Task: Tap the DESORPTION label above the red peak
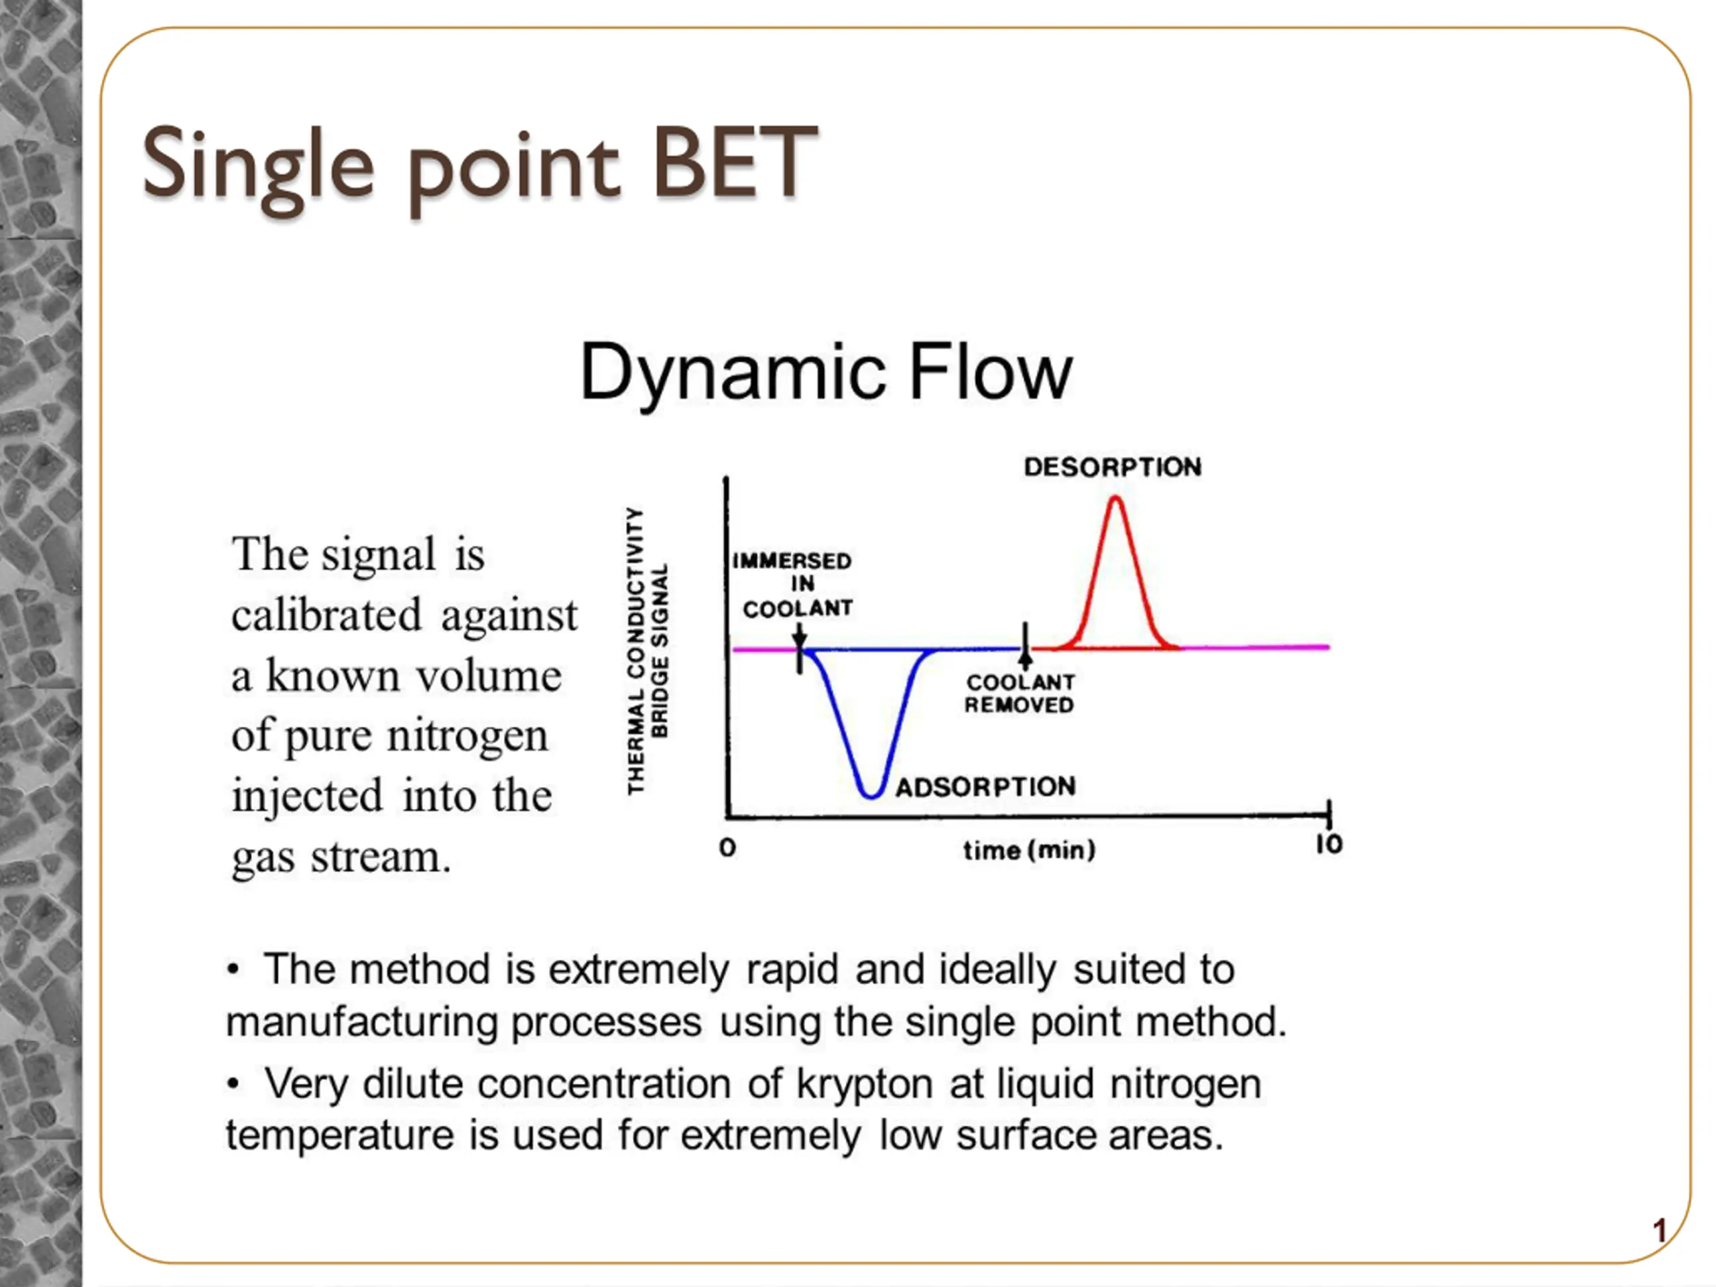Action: (x=1113, y=467)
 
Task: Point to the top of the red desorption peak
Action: (x=1115, y=498)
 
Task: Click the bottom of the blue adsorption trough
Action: (x=871, y=795)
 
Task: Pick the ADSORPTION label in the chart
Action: (x=986, y=787)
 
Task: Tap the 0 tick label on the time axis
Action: (x=727, y=847)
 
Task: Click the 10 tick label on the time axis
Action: (x=1329, y=844)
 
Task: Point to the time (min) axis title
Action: (x=1030, y=850)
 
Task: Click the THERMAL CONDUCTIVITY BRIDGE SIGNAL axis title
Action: (x=647, y=651)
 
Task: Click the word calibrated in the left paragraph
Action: (x=326, y=615)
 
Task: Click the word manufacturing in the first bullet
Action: (x=361, y=1022)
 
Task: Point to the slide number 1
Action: (x=1660, y=1231)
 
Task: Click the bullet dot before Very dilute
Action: (x=233, y=1084)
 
